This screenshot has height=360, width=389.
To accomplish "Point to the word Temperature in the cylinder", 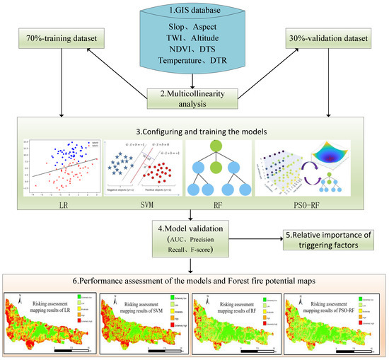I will (x=173, y=77).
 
